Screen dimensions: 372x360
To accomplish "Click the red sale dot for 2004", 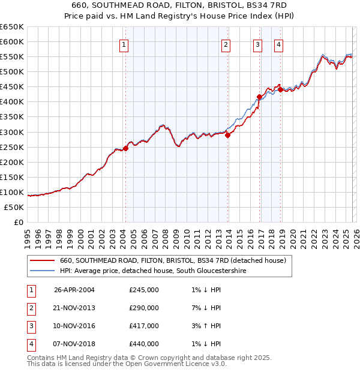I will (x=125, y=148).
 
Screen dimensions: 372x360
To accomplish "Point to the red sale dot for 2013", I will (x=227, y=135).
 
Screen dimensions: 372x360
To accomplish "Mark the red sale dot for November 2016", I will (x=259, y=97).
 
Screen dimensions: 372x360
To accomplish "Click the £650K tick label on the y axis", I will (x=12, y=27).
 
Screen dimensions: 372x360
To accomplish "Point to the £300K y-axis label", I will (x=12, y=132).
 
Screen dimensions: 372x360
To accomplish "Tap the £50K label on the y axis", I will (x=14, y=207).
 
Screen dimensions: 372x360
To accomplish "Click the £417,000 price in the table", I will (x=144, y=326).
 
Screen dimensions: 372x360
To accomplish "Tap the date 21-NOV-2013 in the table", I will (x=74, y=308).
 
